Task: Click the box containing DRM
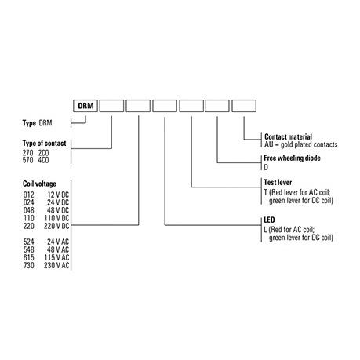tap(85, 106)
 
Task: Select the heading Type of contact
tap(44, 144)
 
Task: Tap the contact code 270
tap(27, 153)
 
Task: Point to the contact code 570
tap(27, 160)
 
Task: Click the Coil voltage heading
tap(39, 184)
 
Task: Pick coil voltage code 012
tap(28, 195)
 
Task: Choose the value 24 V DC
tap(58, 202)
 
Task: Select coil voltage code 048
tap(28, 210)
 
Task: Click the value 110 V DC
tap(56, 218)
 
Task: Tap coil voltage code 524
tap(28, 242)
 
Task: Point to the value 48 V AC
tap(58, 249)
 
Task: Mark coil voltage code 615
tap(28, 257)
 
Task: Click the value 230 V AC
tap(56, 265)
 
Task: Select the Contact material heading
tap(288, 136)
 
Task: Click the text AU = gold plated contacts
tap(301, 144)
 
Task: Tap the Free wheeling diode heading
tap(292, 158)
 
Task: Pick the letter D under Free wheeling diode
tap(266, 167)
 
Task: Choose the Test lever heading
tap(278, 182)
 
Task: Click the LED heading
tap(269, 220)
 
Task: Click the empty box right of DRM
tap(111, 106)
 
